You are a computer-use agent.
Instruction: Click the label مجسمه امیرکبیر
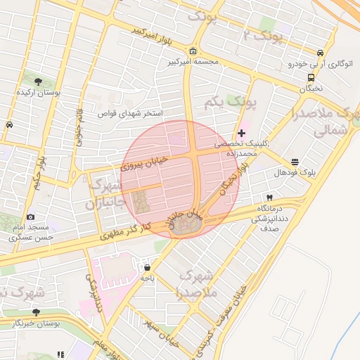(191, 62)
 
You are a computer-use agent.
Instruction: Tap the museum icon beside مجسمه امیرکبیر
(193, 51)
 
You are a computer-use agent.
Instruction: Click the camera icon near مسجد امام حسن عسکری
(30, 217)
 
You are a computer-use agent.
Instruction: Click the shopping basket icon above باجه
(147, 267)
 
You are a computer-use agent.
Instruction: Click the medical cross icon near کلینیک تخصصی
(242, 132)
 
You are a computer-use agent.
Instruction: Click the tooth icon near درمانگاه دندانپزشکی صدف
(269, 198)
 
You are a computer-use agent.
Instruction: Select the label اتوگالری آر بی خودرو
(317, 64)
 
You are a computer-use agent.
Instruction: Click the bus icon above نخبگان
(310, 77)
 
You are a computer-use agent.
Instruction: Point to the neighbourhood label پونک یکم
(229, 103)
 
